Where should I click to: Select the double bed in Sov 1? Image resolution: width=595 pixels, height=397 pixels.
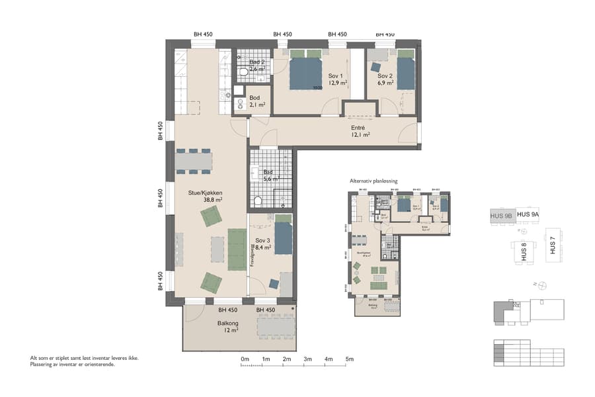306,70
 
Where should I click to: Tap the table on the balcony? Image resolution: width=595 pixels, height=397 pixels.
274,326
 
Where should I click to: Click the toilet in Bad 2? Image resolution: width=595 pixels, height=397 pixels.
243,71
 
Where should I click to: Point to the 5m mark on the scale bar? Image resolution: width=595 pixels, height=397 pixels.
349,359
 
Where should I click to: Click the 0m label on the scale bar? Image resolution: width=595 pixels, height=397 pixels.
245,359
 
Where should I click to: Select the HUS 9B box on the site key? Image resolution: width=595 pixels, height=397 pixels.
501,216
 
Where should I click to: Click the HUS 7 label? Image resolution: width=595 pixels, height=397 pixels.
552,246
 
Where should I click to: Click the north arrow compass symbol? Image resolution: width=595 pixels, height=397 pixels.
541,285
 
